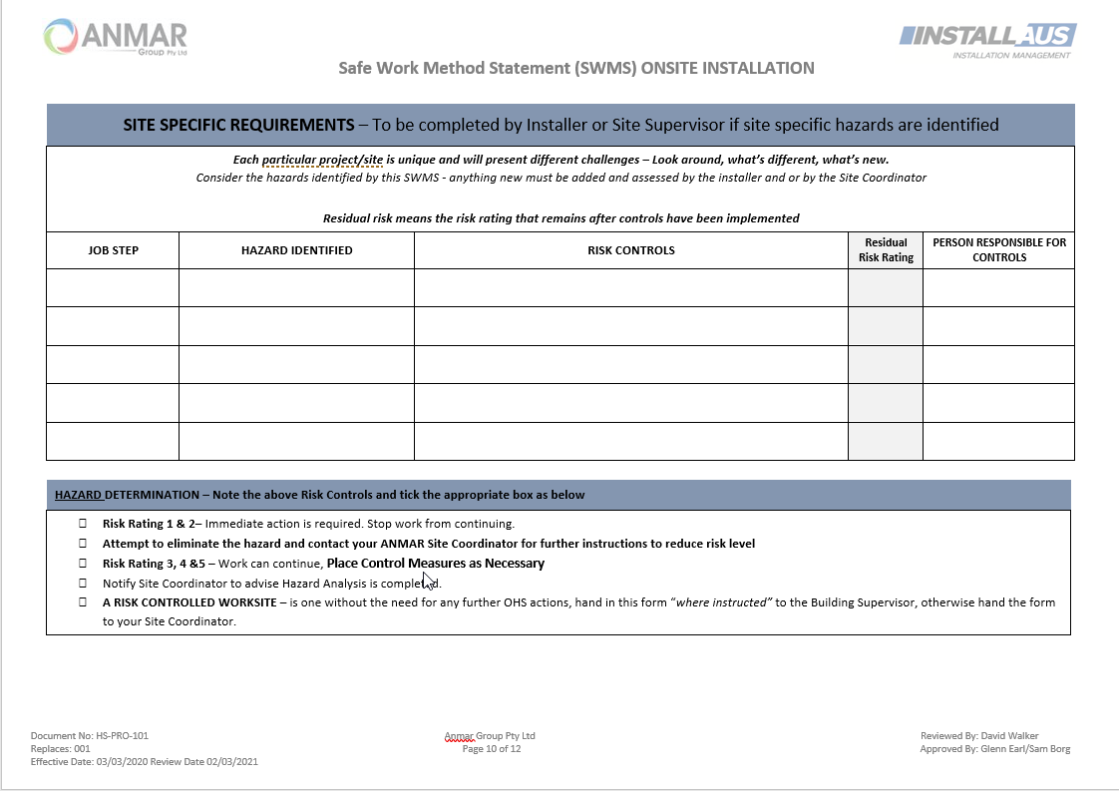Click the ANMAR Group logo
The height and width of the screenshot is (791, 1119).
(x=116, y=37)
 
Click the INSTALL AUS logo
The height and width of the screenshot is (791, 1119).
(x=987, y=40)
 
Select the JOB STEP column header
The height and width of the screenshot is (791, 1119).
(x=113, y=250)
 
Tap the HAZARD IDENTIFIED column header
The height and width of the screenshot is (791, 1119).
(x=296, y=250)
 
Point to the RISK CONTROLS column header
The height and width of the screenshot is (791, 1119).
(x=630, y=250)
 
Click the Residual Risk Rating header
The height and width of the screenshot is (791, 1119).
(x=886, y=250)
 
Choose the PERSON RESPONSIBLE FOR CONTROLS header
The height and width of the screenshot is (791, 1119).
(x=998, y=250)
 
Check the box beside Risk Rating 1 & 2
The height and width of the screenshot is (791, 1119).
(x=83, y=524)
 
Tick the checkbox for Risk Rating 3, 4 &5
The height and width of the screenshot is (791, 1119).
(x=83, y=564)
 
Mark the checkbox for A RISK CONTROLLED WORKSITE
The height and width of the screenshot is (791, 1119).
(x=83, y=602)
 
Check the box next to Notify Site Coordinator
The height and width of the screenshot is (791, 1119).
(x=83, y=584)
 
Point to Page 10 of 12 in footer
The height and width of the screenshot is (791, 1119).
(x=492, y=749)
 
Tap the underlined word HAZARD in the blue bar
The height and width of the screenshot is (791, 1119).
(x=79, y=495)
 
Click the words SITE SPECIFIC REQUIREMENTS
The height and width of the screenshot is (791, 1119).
(x=238, y=126)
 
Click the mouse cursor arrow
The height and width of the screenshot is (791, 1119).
(x=428, y=581)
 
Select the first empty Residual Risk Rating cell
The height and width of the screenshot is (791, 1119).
(x=886, y=288)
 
